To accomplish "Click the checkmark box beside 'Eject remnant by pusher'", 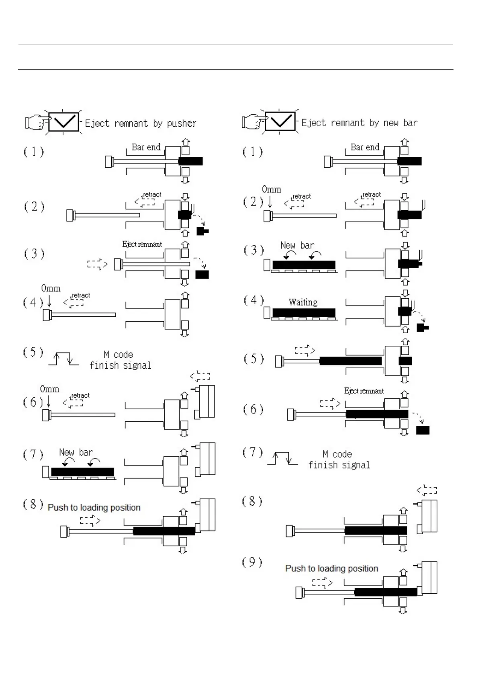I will [63, 122].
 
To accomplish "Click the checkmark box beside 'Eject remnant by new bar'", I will [280, 121].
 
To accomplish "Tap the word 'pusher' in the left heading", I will [181, 123].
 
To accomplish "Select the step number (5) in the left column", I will [33, 353].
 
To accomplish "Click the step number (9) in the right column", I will [252, 562].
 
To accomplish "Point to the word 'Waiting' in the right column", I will [303, 302].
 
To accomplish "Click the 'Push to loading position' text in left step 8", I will [94, 507].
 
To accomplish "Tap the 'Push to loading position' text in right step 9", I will [331, 568].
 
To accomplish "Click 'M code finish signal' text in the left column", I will [120, 360].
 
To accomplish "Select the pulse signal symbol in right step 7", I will [282, 459].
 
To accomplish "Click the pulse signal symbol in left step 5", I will [63, 359].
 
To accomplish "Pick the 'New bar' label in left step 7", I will [76, 452].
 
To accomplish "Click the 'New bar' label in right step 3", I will [297, 245].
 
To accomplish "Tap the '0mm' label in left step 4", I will [51, 288].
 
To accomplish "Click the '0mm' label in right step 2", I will [271, 189].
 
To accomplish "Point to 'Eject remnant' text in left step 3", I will [142, 244].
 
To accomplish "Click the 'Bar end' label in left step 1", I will [146, 147].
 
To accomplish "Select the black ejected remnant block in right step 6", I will [423, 430].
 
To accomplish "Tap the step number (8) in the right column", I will [252, 501].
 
